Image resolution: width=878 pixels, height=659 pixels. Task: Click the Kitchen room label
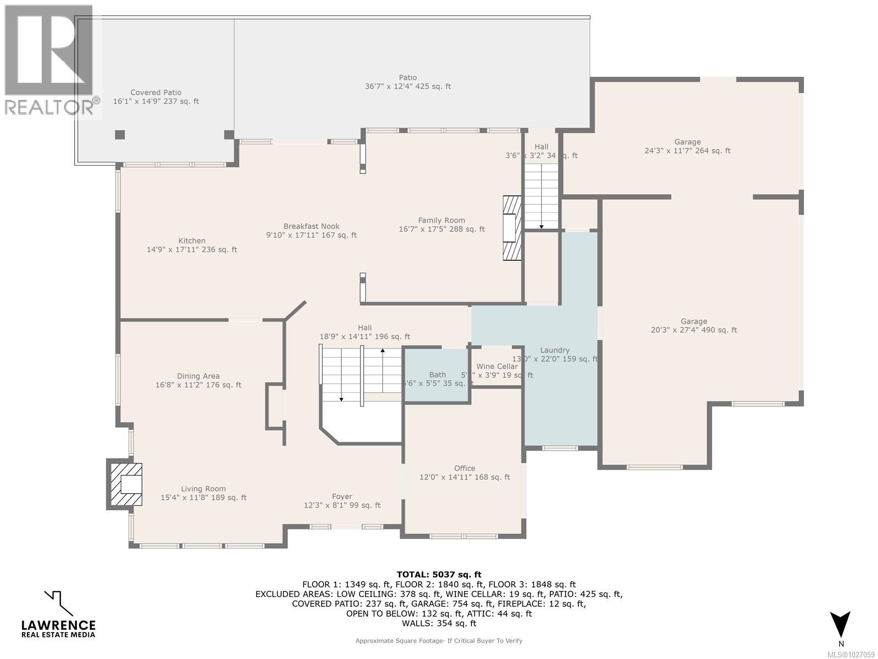(192, 241)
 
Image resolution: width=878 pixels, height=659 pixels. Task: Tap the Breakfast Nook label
(311, 226)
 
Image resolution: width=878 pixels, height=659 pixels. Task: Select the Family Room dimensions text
(441, 230)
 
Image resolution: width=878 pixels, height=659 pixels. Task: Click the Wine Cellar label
(497, 366)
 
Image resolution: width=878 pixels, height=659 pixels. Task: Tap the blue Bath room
(437, 376)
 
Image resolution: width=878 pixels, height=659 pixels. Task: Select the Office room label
(464, 468)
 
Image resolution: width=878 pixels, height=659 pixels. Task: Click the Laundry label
(555, 350)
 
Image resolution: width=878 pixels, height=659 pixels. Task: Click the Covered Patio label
(156, 93)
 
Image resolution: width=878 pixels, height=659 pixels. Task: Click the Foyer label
(342, 496)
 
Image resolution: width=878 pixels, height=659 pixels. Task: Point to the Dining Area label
(198, 376)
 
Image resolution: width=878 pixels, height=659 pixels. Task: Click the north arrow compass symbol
(840, 625)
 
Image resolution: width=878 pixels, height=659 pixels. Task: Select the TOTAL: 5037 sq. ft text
(438, 575)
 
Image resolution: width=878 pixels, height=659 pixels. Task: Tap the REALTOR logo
(50, 60)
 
